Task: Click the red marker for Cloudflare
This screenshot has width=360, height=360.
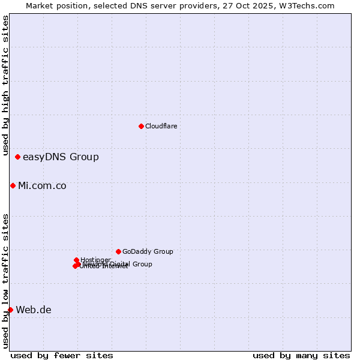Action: (141, 126)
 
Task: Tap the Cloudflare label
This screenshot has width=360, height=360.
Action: (161, 126)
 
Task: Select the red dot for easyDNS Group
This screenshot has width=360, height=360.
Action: (18, 157)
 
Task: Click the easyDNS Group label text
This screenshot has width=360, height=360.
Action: (61, 157)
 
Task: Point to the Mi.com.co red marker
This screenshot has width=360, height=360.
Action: (13, 186)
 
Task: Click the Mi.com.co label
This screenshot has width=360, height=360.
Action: (42, 186)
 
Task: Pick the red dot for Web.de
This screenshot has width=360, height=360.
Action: (10, 310)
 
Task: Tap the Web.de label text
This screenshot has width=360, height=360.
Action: (34, 310)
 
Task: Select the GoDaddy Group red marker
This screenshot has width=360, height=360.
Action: (118, 251)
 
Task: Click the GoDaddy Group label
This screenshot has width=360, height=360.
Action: (148, 252)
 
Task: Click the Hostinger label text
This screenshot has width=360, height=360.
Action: (95, 260)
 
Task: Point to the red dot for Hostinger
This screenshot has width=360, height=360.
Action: (76, 260)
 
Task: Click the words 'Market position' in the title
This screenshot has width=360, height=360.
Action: (56, 5)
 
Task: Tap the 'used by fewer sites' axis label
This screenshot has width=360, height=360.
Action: (62, 355)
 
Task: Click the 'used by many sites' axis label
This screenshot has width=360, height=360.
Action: (301, 355)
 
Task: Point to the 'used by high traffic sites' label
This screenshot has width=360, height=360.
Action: (5, 85)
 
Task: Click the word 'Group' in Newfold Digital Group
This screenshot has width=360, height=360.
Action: (142, 264)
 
